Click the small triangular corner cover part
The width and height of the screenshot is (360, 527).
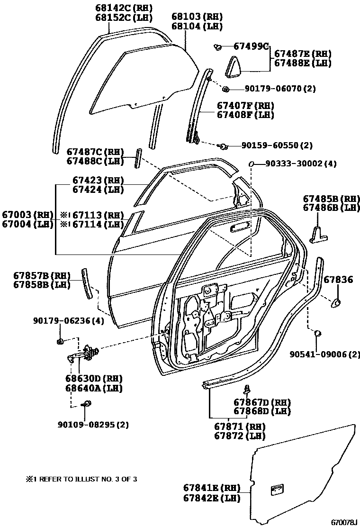pos(234,66)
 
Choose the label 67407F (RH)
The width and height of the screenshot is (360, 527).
pos(245,105)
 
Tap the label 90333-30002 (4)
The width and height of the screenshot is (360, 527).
pos(301,164)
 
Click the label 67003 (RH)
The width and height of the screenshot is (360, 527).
pos(27,214)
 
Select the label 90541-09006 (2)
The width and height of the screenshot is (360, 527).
pos(325,354)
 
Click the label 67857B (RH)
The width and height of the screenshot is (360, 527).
pos(42,276)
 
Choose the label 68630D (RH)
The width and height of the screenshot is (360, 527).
pos(94,379)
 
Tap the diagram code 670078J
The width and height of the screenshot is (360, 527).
pos(343,522)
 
